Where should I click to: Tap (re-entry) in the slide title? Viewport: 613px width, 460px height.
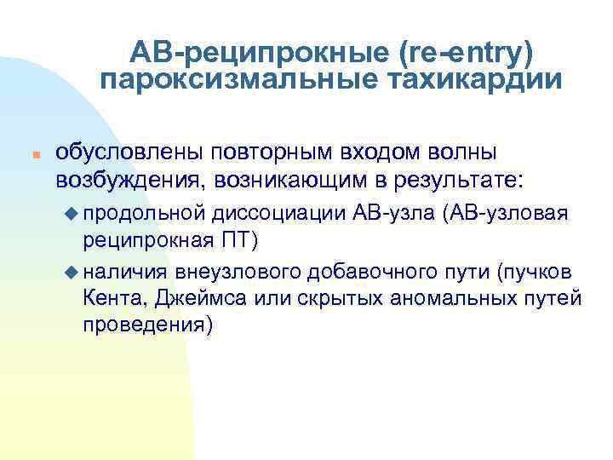coord(466,54)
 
